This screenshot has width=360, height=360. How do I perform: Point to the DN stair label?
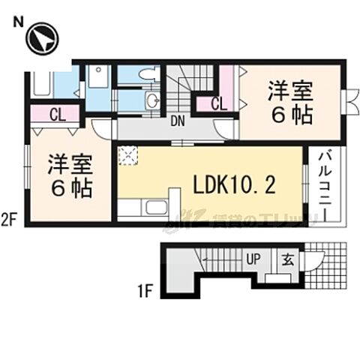(178, 121)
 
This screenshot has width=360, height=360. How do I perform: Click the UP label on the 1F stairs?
(254, 259)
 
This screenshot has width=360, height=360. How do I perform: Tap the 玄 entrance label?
(288, 259)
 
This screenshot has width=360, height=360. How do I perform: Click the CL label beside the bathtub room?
(55, 115)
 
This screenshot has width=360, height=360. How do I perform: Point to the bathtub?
(42, 82)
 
